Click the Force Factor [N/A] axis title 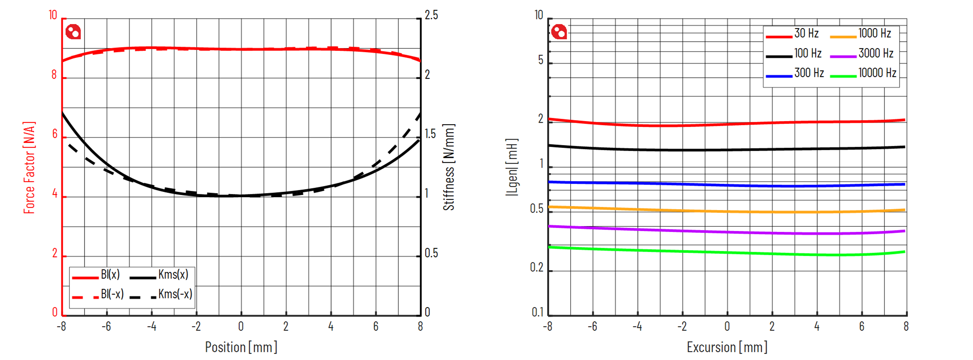click(x=29, y=167)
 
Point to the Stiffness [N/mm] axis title click(x=449, y=167)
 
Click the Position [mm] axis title click(x=241, y=347)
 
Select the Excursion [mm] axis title click(x=727, y=347)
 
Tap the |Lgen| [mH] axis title click(x=512, y=167)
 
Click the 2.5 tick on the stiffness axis click(x=431, y=16)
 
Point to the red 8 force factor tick click(x=54, y=75)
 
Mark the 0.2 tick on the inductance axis click(x=537, y=267)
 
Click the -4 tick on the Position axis click(x=151, y=327)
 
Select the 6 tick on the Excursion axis click(x=862, y=327)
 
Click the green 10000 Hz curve click(x=727, y=253)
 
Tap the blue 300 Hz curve click(x=727, y=185)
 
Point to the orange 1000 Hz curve click(x=727, y=211)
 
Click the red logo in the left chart click(x=73, y=32)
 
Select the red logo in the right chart click(x=559, y=32)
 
